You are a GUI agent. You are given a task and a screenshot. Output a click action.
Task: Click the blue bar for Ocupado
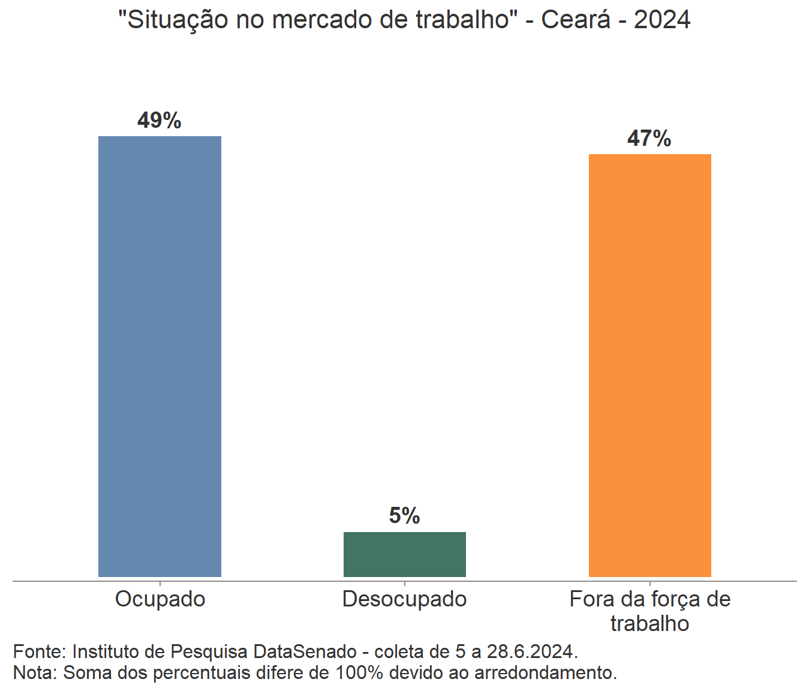click(x=160, y=356)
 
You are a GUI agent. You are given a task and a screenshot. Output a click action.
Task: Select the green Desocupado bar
click(x=405, y=554)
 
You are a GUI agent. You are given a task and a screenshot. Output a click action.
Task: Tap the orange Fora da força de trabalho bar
click(x=649, y=365)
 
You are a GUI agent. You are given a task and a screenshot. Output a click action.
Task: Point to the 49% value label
click(x=160, y=121)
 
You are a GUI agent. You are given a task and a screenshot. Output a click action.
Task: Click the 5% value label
click(x=405, y=516)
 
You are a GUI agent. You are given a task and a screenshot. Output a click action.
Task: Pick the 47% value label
click(x=649, y=139)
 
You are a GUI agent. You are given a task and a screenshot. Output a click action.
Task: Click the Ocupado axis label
click(x=160, y=599)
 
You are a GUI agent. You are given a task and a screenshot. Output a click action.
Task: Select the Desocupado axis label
click(x=405, y=599)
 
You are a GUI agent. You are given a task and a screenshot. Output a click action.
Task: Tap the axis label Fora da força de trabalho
click(x=649, y=611)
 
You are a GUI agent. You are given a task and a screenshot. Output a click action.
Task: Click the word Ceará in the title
click(x=576, y=20)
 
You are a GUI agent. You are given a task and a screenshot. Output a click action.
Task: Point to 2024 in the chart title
click(x=662, y=20)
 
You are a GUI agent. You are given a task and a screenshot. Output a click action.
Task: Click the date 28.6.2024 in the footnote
click(x=531, y=651)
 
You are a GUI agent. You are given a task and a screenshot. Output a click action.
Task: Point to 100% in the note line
click(x=359, y=672)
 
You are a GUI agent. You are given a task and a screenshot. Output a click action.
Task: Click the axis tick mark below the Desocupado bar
click(x=405, y=583)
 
